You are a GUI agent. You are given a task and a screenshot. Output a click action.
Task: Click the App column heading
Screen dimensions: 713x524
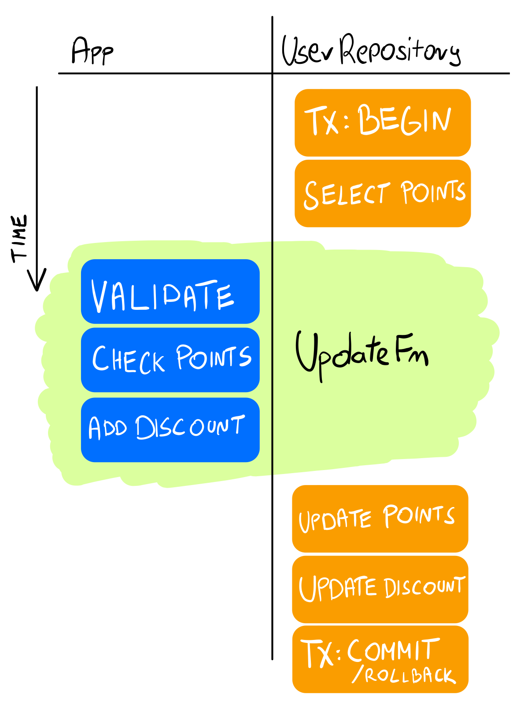point(92,51)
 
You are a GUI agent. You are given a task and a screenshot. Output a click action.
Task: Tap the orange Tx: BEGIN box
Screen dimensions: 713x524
point(382,123)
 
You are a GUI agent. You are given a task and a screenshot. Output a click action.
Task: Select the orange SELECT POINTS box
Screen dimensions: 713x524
point(382,194)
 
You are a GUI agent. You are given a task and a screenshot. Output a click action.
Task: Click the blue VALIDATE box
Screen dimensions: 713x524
point(170,291)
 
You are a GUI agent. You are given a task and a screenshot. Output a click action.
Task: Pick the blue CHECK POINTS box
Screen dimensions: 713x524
point(170,360)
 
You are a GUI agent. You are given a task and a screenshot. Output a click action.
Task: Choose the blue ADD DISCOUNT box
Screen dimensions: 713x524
point(170,430)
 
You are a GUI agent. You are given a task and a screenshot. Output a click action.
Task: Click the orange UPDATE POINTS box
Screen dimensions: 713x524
point(380,518)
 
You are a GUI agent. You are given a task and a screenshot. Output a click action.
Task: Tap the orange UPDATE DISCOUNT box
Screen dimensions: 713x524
point(380,589)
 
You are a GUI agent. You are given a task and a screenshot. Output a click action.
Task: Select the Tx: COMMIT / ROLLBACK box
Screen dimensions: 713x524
point(380,659)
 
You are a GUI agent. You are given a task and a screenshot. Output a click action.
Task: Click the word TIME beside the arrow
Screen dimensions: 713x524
point(19,238)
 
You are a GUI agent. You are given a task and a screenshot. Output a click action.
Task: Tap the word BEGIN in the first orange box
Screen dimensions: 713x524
point(405,120)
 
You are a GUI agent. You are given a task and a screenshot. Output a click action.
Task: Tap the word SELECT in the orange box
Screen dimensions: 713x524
point(347,194)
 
